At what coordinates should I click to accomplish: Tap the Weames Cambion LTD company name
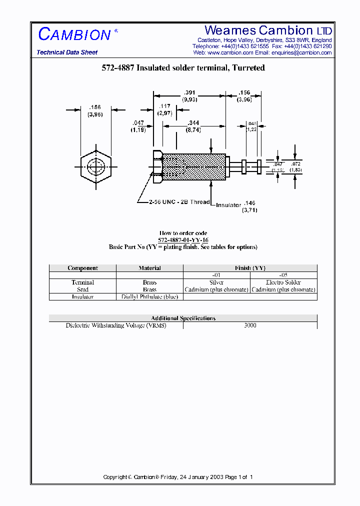pos(268,31)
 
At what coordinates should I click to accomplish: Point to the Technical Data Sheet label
pos(67,52)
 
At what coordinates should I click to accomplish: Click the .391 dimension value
pos(189,92)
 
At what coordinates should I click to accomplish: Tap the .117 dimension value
pos(164,106)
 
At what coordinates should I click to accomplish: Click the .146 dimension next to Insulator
pos(249,203)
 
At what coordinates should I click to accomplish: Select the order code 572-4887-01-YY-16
pos(183,240)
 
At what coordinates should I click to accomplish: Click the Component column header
pos(82,268)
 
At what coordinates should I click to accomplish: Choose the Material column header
pos(149,268)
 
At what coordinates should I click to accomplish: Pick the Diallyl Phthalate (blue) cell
pos(149,296)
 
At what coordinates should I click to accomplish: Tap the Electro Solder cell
pos(283,282)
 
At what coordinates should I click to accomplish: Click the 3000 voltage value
pos(250,325)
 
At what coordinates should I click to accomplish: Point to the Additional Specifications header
pos(183,318)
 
